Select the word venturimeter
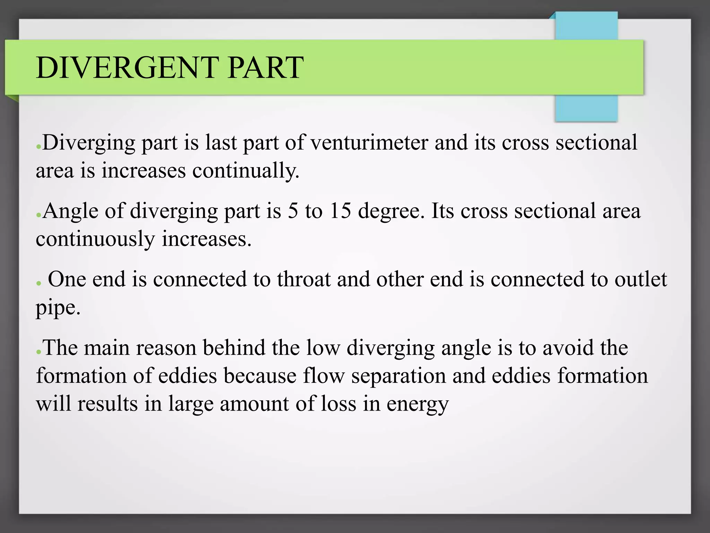[x=369, y=143]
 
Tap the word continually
[x=246, y=171]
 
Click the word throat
[x=304, y=279]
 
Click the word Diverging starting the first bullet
[x=89, y=143]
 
